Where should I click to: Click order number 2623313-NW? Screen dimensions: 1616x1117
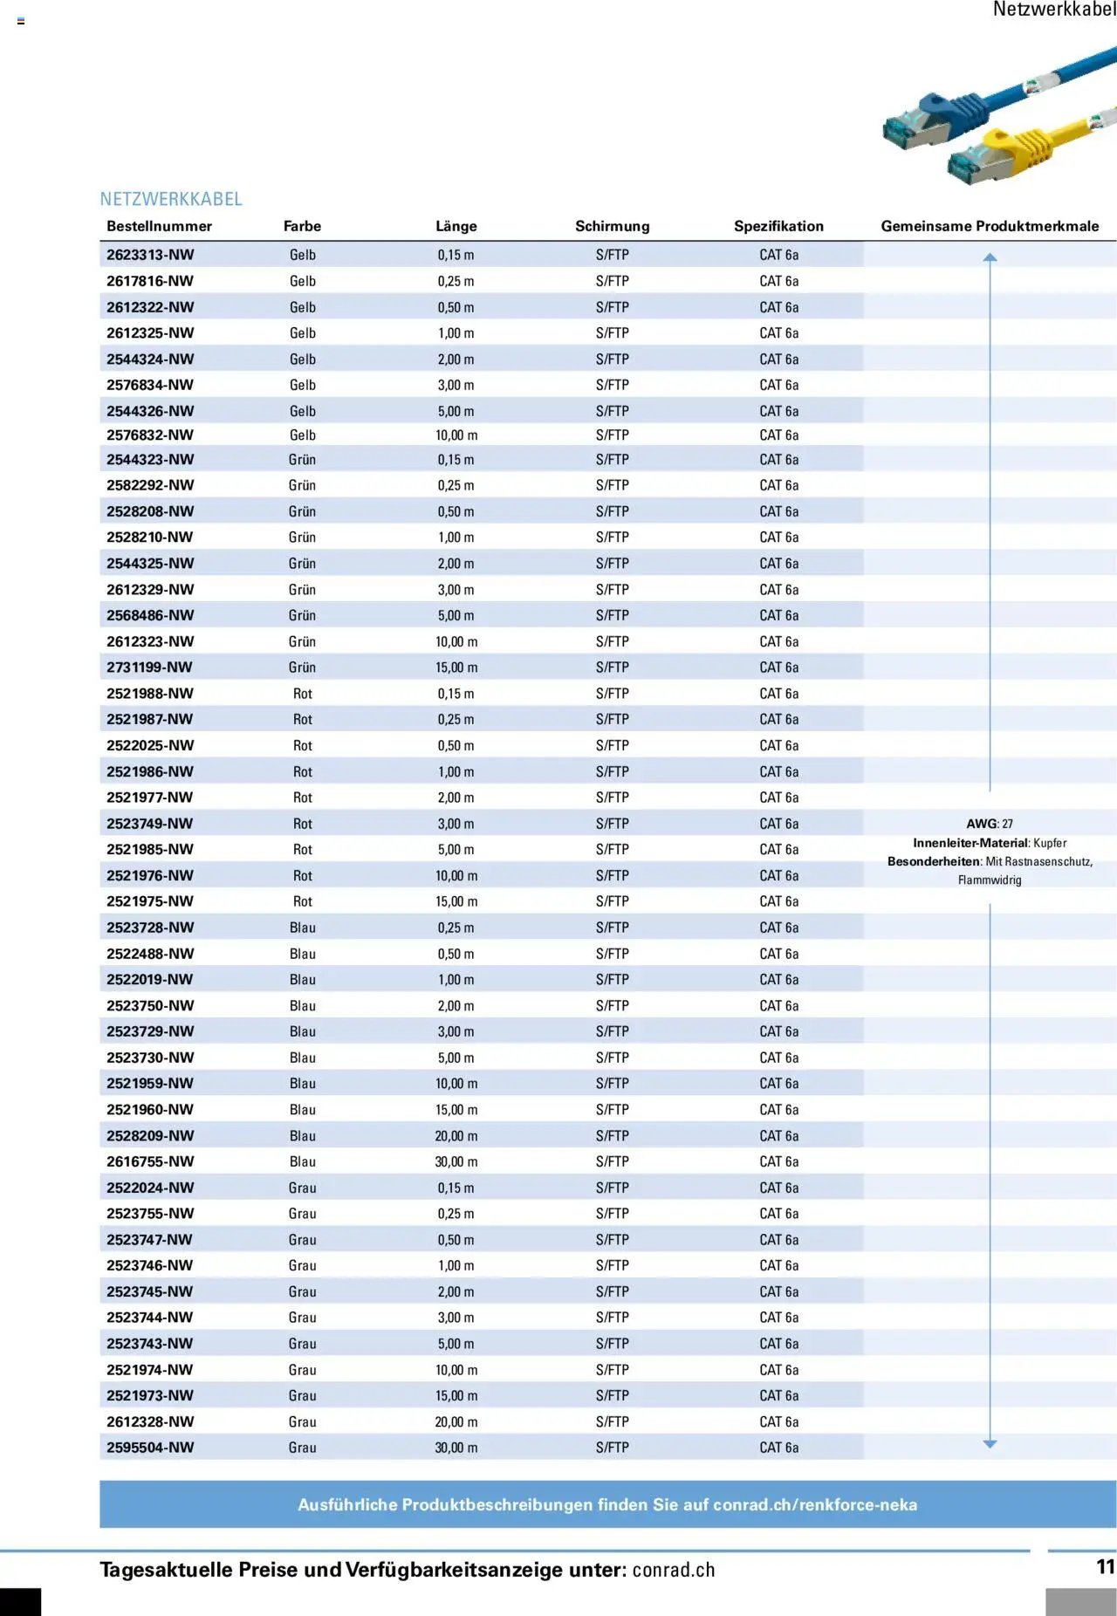[x=150, y=255]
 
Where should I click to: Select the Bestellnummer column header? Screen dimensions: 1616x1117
[x=159, y=226]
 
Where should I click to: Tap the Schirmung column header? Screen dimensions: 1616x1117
[x=612, y=226]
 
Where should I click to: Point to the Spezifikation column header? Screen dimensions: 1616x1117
[x=778, y=226]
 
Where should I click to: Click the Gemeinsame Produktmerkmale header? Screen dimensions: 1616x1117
[x=990, y=226]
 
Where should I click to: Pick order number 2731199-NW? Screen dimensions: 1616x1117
[x=149, y=668]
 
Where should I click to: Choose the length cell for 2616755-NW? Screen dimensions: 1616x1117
[x=456, y=1161]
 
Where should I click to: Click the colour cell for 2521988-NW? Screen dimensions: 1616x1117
[x=303, y=694]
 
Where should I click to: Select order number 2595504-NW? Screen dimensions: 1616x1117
[x=150, y=1448]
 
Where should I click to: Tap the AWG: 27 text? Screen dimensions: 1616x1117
[x=990, y=824]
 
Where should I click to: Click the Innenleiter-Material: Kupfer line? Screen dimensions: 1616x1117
[x=990, y=843]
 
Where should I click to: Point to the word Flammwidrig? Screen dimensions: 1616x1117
[x=990, y=880]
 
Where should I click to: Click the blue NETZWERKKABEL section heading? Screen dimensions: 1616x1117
[x=171, y=199]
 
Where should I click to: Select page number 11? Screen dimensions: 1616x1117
[x=1106, y=1567]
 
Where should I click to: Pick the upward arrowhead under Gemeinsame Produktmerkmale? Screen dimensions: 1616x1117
[x=990, y=257]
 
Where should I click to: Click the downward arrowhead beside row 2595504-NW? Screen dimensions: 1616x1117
[x=990, y=1444]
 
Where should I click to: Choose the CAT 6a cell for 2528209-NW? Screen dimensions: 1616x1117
[x=778, y=1136]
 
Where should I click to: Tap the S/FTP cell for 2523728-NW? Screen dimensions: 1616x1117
[x=612, y=928]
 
